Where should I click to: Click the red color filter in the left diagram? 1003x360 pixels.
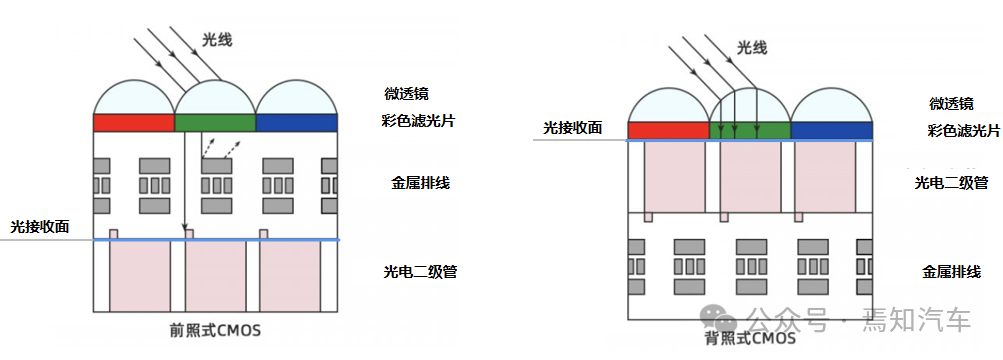(x=134, y=122)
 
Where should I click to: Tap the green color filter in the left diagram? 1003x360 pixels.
(x=215, y=122)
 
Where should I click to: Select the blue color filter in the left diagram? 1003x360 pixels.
(x=297, y=122)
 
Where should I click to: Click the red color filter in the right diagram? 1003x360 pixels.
(x=668, y=130)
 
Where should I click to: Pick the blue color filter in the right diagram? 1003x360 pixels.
(x=831, y=130)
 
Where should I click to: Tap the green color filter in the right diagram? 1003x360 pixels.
(x=749, y=130)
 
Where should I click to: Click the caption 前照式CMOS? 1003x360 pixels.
(x=216, y=328)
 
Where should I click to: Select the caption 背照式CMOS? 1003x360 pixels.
(x=750, y=338)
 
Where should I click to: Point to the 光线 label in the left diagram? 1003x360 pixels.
(x=217, y=39)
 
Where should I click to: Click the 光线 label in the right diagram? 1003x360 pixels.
(x=752, y=47)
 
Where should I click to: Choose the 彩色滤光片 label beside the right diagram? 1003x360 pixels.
(x=963, y=131)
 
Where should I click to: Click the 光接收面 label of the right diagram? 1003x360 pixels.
(x=573, y=128)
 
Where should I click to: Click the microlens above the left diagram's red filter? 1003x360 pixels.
(x=134, y=97)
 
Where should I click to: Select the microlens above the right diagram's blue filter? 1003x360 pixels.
(x=831, y=106)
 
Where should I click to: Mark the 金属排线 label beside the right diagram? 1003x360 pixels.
(x=950, y=271)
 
